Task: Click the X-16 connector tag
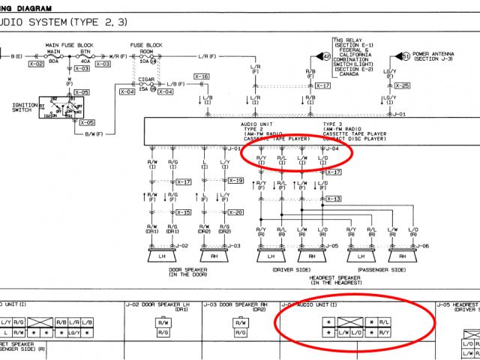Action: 201,76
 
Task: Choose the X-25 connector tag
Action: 403,86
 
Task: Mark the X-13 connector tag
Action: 333,199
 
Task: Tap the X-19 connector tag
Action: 235,181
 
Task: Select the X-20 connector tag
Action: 235,212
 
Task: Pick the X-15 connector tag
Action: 183,212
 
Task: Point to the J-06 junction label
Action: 421,246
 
